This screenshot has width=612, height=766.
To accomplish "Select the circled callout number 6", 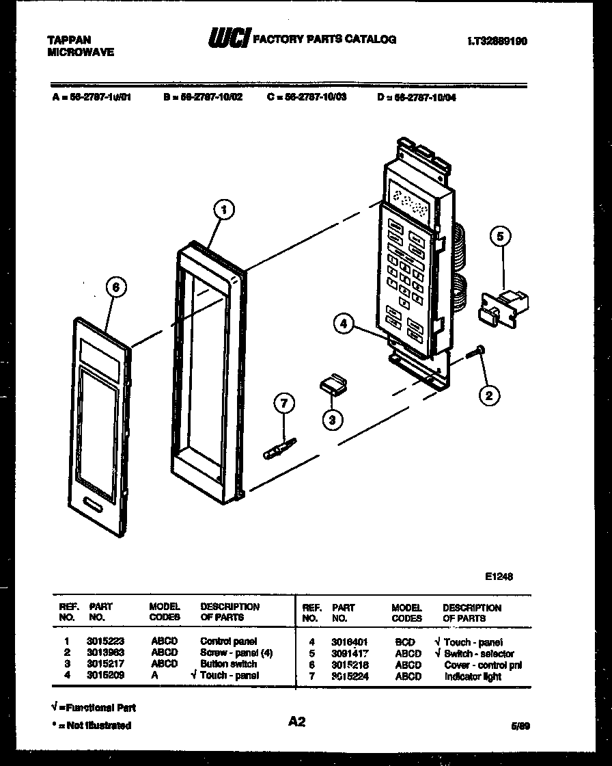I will pyautogui.click(x=116, y=288).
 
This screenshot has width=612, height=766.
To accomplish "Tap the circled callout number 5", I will pyautogui.click(x=500, y=237).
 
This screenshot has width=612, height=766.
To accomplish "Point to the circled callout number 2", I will pyautogui.click(x=488, y=394).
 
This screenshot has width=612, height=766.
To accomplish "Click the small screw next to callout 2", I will pyautogui.click(x=476, y=352).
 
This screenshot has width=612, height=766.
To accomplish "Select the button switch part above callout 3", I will pyautogui.click(x=332, y=384).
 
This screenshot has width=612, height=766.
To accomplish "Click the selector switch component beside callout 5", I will pyautogui.click(x=505, y=304).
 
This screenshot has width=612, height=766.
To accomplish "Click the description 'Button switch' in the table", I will pyautogui.click(x=228, y=663).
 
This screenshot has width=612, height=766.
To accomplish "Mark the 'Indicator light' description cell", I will pyautogui.click(x=473, y=676).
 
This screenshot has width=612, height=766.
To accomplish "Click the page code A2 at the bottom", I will pyautogui.click(x=296, y=721).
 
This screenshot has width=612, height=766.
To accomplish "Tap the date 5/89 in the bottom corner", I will pyautogui.click(x=520, y=726).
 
